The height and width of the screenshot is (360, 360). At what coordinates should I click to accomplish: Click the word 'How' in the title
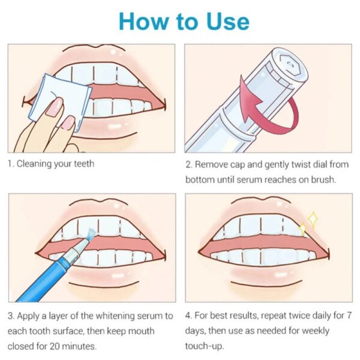pos(144,22)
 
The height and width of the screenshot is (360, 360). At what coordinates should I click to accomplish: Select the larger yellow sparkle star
pos(313,220)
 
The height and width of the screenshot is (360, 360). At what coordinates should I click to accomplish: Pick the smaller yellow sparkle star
pos(303,229)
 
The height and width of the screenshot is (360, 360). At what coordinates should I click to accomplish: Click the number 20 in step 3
pos(55,346)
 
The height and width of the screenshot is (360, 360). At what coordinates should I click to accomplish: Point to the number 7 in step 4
pos(349,316)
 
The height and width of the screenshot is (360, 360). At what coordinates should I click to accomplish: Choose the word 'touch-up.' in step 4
pos(205,346)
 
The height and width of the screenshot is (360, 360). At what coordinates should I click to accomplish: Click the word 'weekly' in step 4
pos(316,331)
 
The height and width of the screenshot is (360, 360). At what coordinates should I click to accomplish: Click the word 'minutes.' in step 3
pos(79,346)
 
